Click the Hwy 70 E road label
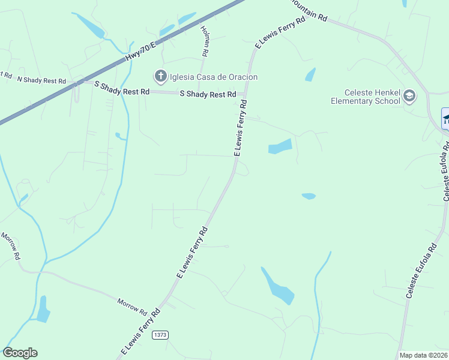click(140, 50)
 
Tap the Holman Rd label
click(204, 41)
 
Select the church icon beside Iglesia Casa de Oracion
click(160, 76)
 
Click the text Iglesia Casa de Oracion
click(214, 77)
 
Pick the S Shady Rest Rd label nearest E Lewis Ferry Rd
click(208, 94)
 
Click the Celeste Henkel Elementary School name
click(365, 97)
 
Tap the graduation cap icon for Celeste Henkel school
click(409, 96)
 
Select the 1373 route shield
click(160, 335)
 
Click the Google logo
click(20, 353)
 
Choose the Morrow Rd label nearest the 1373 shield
click(132, 307)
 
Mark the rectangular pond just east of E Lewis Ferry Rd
click(280, 146)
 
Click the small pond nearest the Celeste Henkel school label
click(310, 74)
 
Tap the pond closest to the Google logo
click(43, 310)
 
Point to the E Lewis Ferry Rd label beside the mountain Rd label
click(280, 31)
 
